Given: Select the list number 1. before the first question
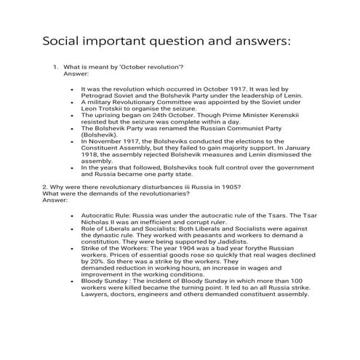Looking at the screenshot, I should pyautogui.click(x=55, y=67).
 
